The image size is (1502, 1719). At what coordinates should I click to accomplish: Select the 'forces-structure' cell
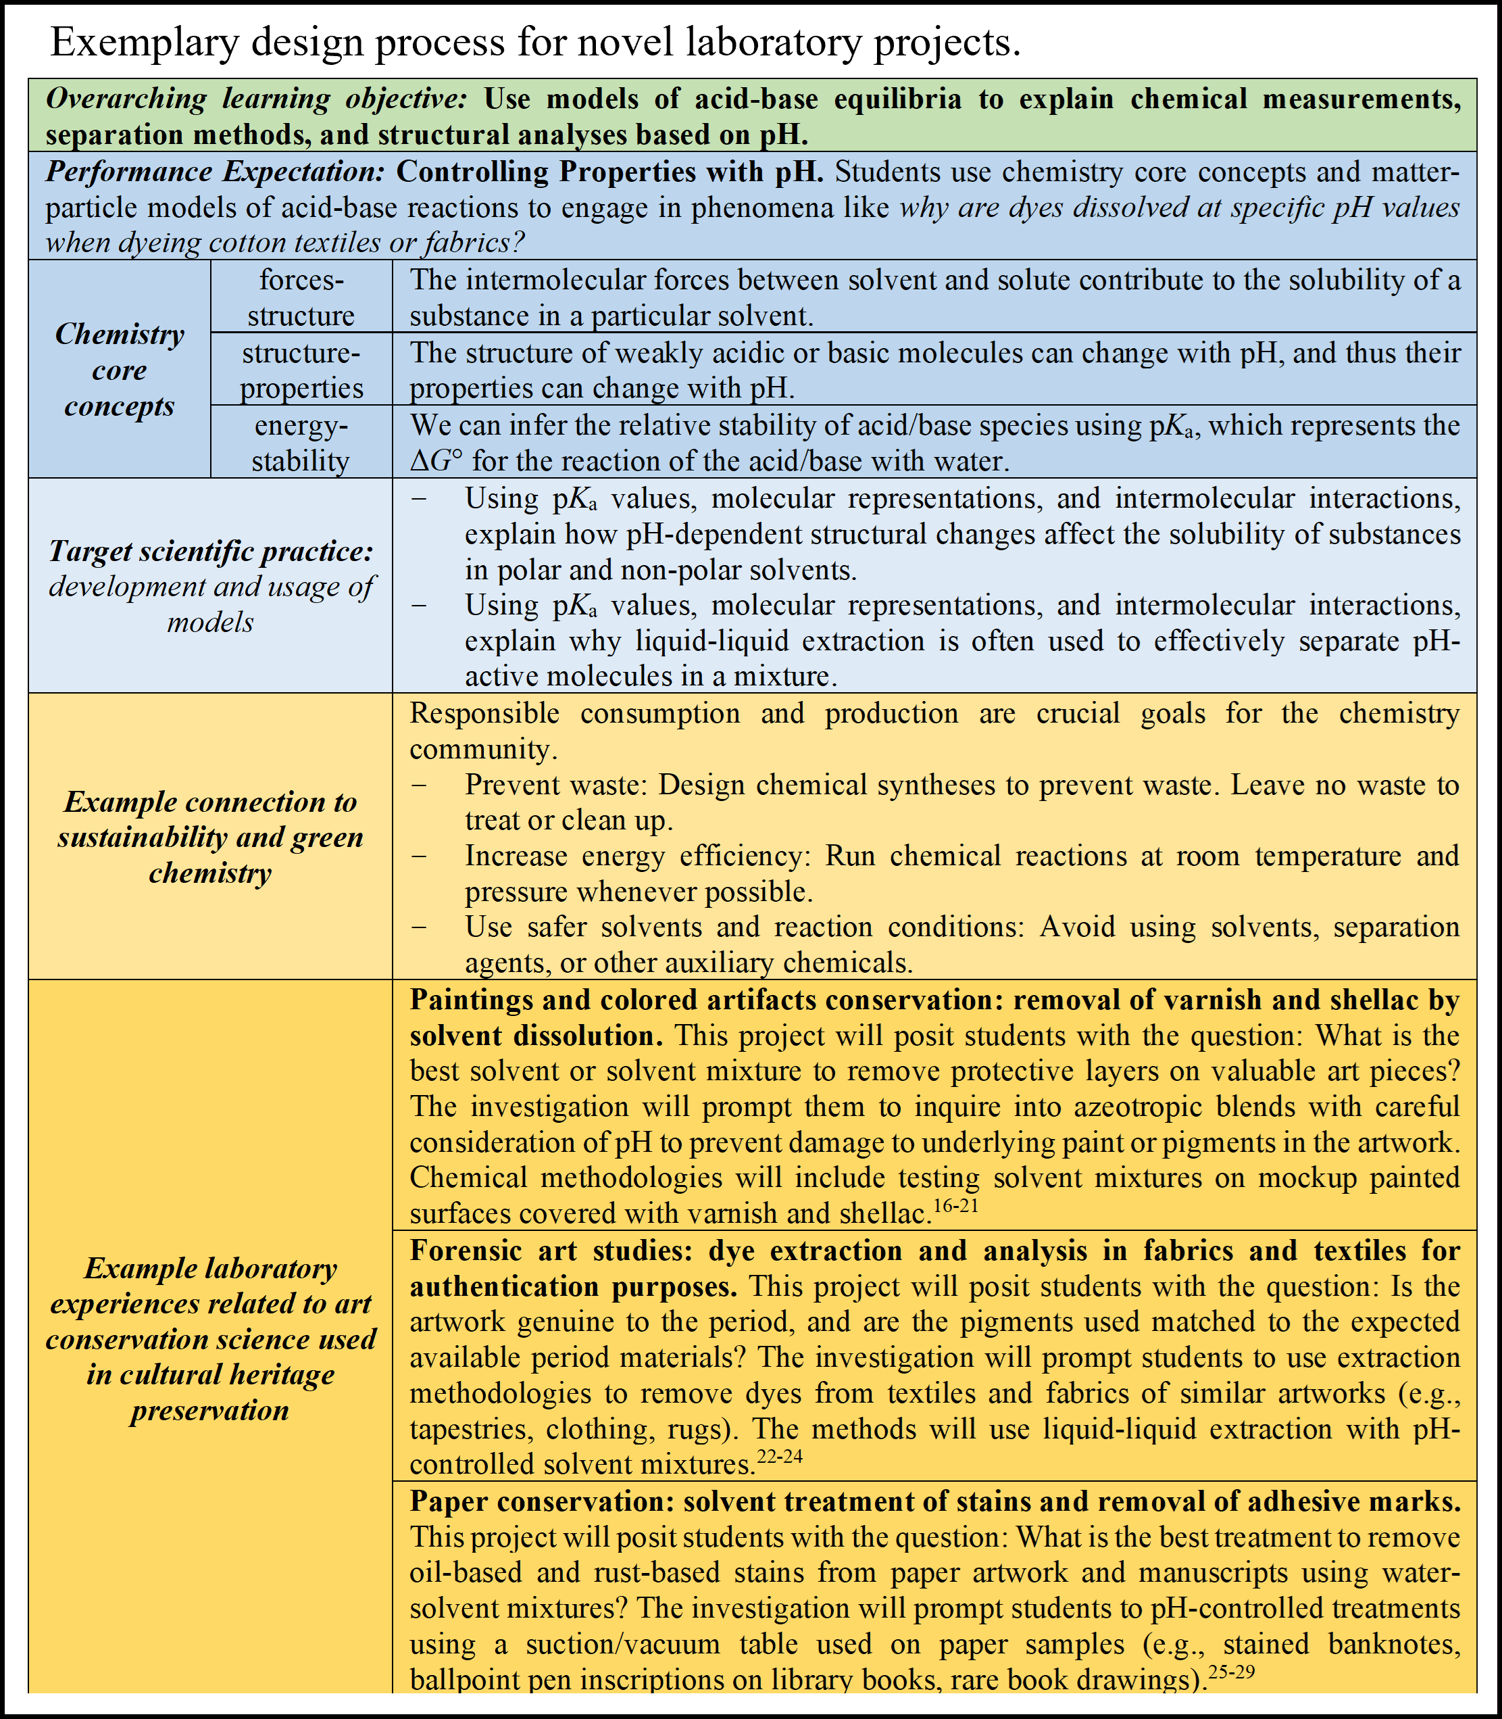point(300,297)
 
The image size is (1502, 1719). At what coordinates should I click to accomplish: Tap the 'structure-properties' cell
point(300,370)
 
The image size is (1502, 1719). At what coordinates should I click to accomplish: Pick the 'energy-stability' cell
point(300,443)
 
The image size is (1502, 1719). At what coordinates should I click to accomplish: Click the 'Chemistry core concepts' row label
point(119,370)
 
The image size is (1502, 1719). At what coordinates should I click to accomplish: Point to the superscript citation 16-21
point(955,1207)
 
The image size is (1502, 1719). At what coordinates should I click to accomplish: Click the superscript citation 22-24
point(780,1457)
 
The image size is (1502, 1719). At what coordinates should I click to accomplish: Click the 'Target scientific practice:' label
point(209,551)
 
